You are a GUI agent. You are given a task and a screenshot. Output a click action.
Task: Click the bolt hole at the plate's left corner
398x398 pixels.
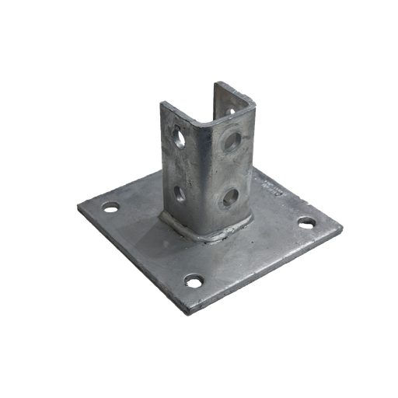(110, 208)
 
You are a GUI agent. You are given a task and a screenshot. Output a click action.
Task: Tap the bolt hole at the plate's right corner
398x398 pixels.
(307, 223)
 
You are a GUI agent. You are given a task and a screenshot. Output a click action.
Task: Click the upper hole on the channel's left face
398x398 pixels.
(180, 142)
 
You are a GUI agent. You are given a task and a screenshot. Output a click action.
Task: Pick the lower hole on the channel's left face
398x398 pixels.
(180, 192)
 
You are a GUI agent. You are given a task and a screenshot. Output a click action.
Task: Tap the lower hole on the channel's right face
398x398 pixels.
(230, 197)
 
